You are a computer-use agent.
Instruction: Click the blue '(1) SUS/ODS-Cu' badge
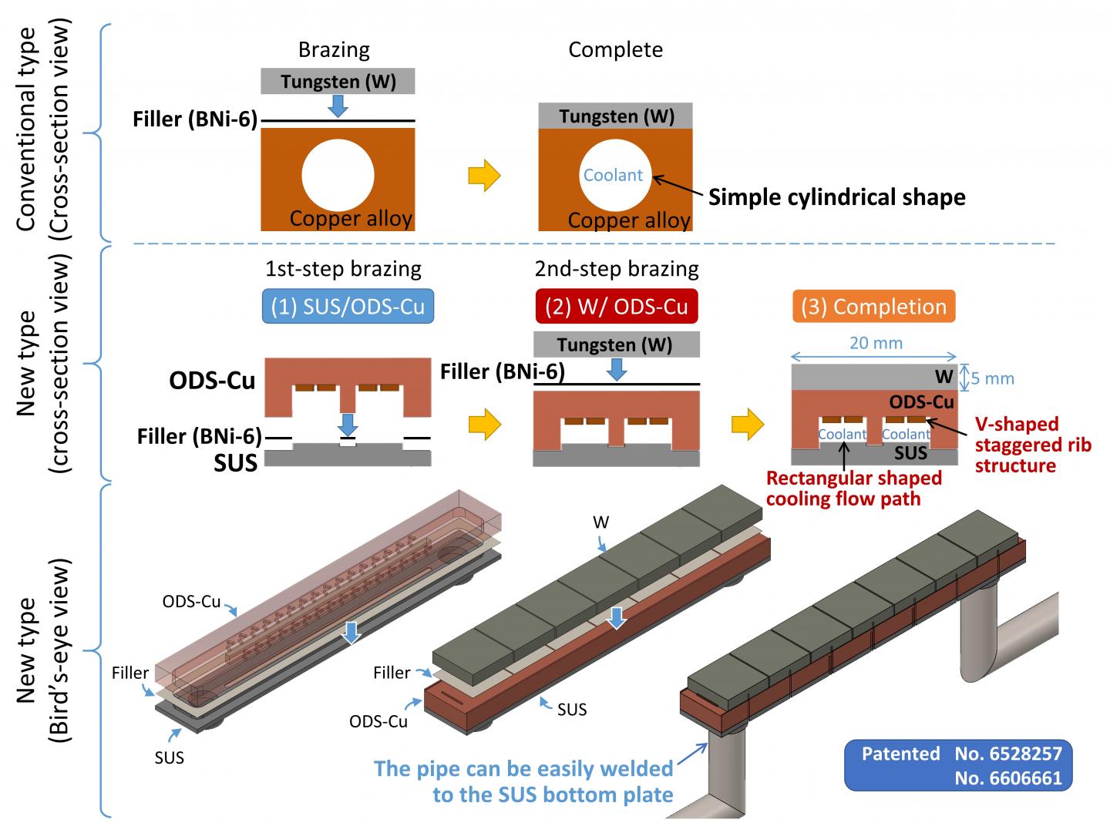pos(348,307)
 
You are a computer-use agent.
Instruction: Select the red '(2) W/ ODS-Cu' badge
pos(616,307)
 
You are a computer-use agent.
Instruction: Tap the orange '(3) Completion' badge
pos(873,307)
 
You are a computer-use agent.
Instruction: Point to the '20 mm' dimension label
pos(876,343)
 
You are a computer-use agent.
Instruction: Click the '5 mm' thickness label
pos(993,378)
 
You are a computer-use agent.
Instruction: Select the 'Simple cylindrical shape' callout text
pos(836,197)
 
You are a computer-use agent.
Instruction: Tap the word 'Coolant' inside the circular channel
pos(613,175)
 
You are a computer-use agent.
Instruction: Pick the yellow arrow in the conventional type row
pos(484,176)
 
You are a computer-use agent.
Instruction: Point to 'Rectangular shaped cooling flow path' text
pos(853,489)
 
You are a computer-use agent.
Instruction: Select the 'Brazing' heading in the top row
pos(334,50)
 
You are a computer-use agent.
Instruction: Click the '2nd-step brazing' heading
pos(616,269)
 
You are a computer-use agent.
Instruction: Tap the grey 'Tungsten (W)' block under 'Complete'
pos(616,116)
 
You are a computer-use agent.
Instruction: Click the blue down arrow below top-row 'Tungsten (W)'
pos(337,106)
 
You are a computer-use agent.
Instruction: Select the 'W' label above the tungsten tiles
pos(600,522)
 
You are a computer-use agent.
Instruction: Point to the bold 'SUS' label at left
pos(235,462)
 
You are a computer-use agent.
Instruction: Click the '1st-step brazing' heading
pos(343,269)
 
